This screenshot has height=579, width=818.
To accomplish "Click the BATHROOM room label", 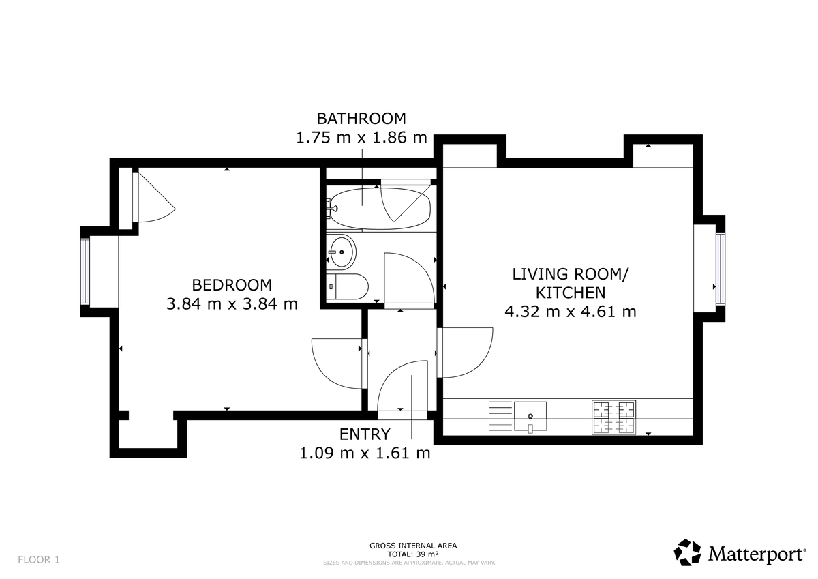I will point(361,118).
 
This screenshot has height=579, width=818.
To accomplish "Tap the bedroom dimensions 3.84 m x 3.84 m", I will point(232,304).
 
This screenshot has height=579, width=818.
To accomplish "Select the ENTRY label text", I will point(365,434).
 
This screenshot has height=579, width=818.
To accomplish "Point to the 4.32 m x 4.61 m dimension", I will point(570,312).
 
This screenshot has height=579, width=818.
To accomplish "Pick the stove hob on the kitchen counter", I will point(613,417).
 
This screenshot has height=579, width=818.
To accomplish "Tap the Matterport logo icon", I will point(688,552).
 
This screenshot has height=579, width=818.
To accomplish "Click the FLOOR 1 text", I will point(39,560).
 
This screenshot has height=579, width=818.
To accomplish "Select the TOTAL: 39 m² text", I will point(412,554).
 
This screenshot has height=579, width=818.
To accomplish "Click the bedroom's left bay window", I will point(85,272).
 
